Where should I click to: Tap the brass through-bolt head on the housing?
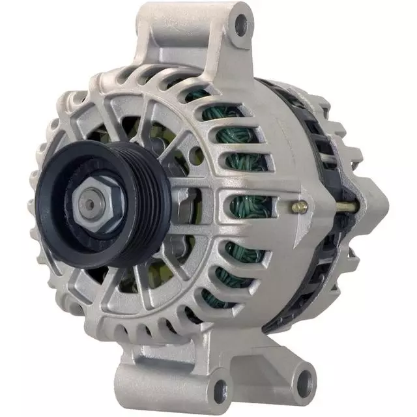(x=300, y=207)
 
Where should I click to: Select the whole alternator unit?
(x=208, y=208)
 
